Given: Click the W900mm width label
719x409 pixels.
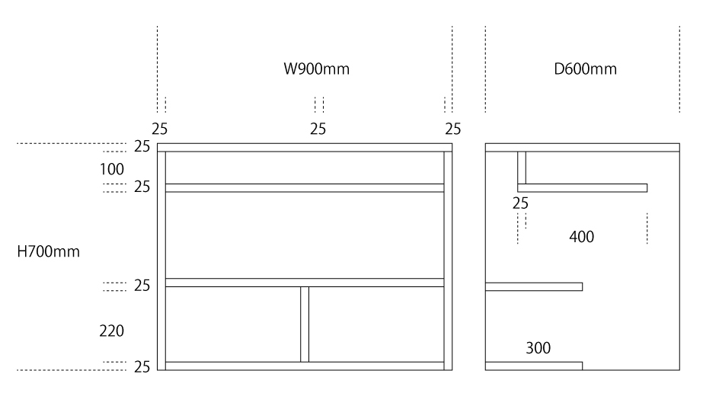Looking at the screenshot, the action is (x=317, y=69).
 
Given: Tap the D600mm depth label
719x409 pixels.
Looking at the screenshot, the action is (x=585, y=69).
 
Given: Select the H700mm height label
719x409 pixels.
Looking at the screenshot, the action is (x=49, y=251).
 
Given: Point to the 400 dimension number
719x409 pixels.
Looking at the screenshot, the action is (x=581, y=237).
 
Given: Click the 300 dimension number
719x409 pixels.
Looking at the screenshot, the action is (x=538, y=348).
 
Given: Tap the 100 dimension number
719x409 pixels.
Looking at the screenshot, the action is (x=111, y=169).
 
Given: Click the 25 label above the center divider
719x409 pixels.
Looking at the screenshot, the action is (x=318, y=128).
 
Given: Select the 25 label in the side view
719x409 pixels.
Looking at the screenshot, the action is (x=521, y=203).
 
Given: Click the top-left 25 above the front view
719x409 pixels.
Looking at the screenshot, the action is (x=161, y=128).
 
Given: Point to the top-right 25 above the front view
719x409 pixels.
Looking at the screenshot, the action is (x=453, y=128).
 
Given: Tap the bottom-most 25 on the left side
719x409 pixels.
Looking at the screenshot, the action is (x=142, y=367).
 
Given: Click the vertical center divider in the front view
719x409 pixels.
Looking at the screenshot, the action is (x=305, y=324).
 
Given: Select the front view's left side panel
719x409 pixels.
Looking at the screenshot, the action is (x=161, y=259).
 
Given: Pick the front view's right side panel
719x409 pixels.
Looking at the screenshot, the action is (x=448, y=259).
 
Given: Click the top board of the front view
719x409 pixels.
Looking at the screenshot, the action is (x=305, y=147).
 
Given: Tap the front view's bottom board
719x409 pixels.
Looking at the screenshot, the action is (x=305, y=366).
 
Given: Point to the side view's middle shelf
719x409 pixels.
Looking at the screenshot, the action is (x=533, y=286).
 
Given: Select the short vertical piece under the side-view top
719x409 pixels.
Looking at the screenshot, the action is (x=522, y=168).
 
